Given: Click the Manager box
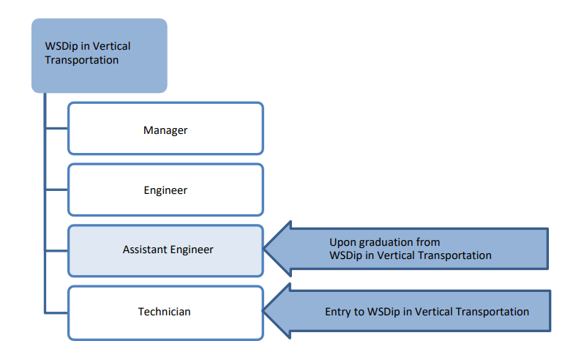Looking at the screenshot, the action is click(x=165, y=129).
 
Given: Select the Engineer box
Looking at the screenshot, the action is click(x=165, y=190).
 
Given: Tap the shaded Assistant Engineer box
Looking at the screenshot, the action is click(x=165, y=251).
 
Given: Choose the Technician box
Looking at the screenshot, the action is click(x=165, y=312).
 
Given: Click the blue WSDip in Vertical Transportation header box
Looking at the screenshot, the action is click(x=100, y=56).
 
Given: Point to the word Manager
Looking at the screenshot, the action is click(x=165, y=130).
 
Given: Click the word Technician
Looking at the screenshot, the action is click(x=164, y=312).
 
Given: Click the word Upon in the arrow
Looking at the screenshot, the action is click(x=342, y=243).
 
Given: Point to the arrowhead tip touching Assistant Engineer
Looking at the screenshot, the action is click(x=263, y=248).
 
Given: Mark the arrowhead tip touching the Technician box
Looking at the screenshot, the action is click(x=263, y=310).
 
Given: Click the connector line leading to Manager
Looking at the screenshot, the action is click(x=56, y=129).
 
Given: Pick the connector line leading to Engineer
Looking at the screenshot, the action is click(x=56, y=190).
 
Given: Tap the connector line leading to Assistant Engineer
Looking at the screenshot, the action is click(x=56, y=251).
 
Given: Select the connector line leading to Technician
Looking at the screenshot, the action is click(x=56, y=312).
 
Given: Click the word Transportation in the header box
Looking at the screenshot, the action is click(x=81, y=60).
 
